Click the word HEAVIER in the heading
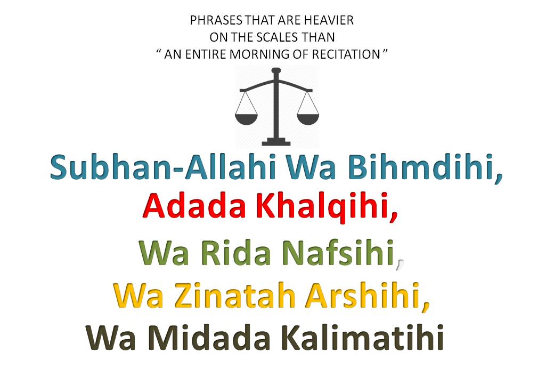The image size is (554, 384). tap(329, 20)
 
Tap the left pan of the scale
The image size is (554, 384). tap(246, 119)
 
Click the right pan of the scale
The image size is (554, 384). tap(308, 119)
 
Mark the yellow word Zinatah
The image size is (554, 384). tap(234, 295)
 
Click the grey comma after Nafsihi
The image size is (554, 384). tap(400, 265)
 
